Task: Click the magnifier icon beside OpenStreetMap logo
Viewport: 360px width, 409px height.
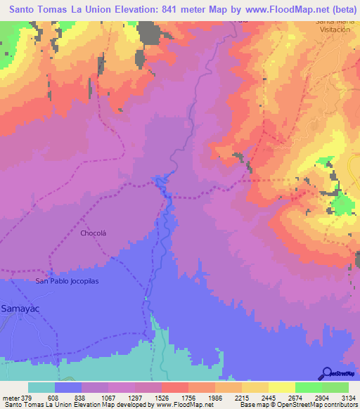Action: tap(328, 372)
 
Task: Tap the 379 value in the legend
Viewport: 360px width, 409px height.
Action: tap(27, 397)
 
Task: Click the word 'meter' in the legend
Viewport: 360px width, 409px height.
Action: tap(11, 397)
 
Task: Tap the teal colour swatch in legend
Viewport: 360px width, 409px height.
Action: tap(41, 387)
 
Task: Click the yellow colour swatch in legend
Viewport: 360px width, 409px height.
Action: tap(281, 387)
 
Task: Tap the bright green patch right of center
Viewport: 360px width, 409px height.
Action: tap(342, 205)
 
